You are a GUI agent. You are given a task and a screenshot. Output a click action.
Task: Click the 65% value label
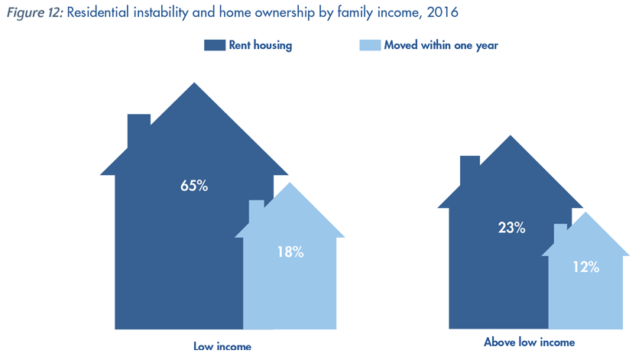pos(194,186)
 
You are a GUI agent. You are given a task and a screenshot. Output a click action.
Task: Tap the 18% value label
pos(290,252)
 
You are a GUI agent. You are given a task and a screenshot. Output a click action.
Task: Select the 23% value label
pos(511,228)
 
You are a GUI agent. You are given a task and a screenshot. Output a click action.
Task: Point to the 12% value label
pos(586,267)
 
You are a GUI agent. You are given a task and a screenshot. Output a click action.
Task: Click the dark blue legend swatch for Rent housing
pos(215,45)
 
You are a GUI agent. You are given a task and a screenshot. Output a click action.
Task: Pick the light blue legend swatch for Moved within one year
pos(370,45)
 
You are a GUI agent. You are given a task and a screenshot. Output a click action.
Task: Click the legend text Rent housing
pos(261,45)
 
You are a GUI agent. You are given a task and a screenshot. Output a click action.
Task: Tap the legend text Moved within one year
pos(441,45)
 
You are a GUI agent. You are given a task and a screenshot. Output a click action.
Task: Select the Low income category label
pos(222,346)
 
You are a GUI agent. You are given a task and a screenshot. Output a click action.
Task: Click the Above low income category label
pos(530,342)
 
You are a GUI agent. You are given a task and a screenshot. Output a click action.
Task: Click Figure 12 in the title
pos(35,12)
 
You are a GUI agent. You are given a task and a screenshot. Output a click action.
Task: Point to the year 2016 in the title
pos(443,12)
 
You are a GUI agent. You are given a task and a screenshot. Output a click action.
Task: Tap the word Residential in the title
pos(98,12)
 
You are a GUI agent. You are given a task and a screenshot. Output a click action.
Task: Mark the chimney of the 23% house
pos(470,170)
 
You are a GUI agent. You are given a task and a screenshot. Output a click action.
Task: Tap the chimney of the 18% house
pos(256,210)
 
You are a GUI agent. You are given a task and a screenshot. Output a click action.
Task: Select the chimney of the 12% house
pos(560,232)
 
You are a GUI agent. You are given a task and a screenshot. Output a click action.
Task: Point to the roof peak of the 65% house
pos(194,83)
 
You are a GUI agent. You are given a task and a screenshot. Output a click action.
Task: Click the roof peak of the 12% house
pos(586,212)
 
